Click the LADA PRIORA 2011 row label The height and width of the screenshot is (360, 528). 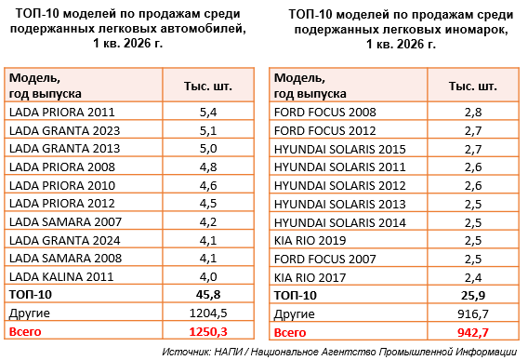[62, 112]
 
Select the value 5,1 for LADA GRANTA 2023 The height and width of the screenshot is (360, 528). [208, 130]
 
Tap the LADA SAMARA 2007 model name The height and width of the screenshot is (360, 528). [65, 221]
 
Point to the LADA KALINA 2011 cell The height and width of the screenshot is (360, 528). [61, 276]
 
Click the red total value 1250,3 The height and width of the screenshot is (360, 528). [208, 332]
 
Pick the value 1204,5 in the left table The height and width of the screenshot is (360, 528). [208, 313]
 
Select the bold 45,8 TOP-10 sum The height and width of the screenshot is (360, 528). [208, 295]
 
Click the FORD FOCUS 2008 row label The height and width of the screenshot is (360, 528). [325, 112]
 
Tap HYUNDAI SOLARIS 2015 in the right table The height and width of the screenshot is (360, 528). [340, 149]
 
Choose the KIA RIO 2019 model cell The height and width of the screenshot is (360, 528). [310, 240]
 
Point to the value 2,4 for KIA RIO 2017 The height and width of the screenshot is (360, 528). [473, 278]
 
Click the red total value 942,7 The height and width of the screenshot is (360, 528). [473, 333]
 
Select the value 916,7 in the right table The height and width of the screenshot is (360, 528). [473, 314]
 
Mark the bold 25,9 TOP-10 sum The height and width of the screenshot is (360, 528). [473, 296]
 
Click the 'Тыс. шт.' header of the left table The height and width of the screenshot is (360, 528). [208, 87]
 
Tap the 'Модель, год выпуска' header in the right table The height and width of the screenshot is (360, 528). [310, 86]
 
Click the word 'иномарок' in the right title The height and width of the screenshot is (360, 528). [474, 30]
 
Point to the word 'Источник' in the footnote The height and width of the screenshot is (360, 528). [187, 352]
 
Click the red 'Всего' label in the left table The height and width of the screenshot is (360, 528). [25, 332]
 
